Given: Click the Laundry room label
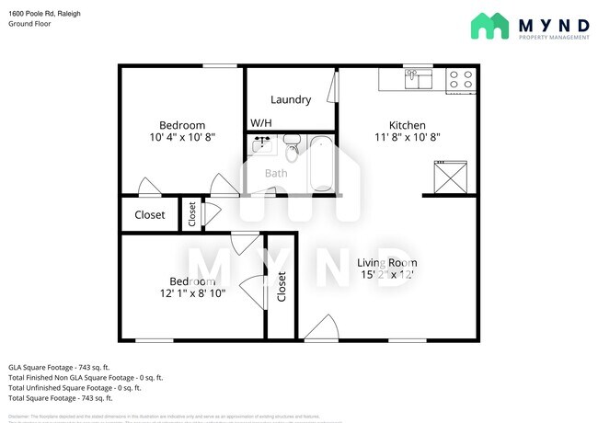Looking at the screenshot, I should [289, 99].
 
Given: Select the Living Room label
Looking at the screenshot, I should [386, 262].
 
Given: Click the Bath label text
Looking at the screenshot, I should [276, 173].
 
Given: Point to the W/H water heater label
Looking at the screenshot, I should [261, 122].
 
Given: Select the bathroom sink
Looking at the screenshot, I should [263, 144].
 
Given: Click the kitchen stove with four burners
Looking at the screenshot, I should [460, 81].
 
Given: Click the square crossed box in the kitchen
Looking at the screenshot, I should [450, 175].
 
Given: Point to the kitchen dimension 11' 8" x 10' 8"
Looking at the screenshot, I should [408, 137].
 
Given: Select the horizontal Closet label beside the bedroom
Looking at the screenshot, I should [150, 215].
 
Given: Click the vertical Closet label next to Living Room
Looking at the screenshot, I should [282, 287].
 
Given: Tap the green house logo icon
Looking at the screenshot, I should [489, 26].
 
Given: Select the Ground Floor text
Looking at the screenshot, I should [29, 24].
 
